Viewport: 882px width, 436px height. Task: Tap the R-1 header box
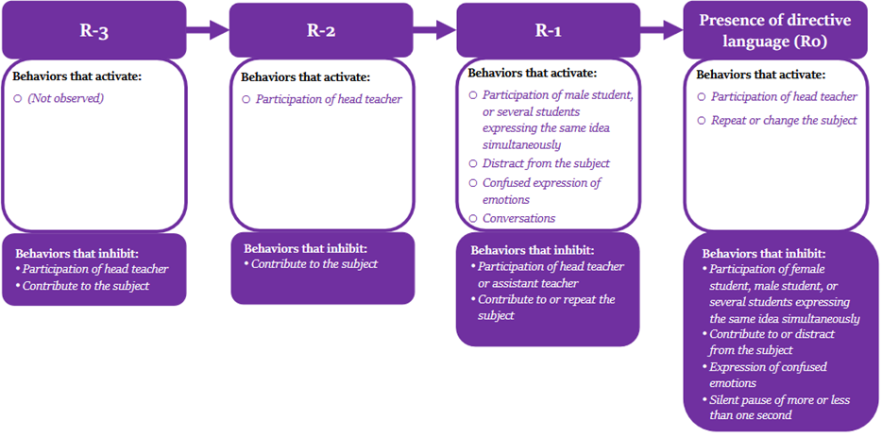click(550, 29)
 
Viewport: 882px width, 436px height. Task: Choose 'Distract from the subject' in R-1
click(546, 163)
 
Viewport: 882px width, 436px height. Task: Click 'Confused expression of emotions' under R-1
click(541, 191)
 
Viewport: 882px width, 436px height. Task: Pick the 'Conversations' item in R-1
click(518, 218)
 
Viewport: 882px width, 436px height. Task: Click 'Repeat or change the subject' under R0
click(784, 120)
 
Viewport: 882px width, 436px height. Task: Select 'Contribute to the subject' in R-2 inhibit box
click(314, 264)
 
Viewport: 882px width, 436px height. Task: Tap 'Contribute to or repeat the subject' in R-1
click(546, 307)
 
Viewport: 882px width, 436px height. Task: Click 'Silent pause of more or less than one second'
click(779, 407)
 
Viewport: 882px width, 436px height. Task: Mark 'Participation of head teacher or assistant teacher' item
click(550, 274)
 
